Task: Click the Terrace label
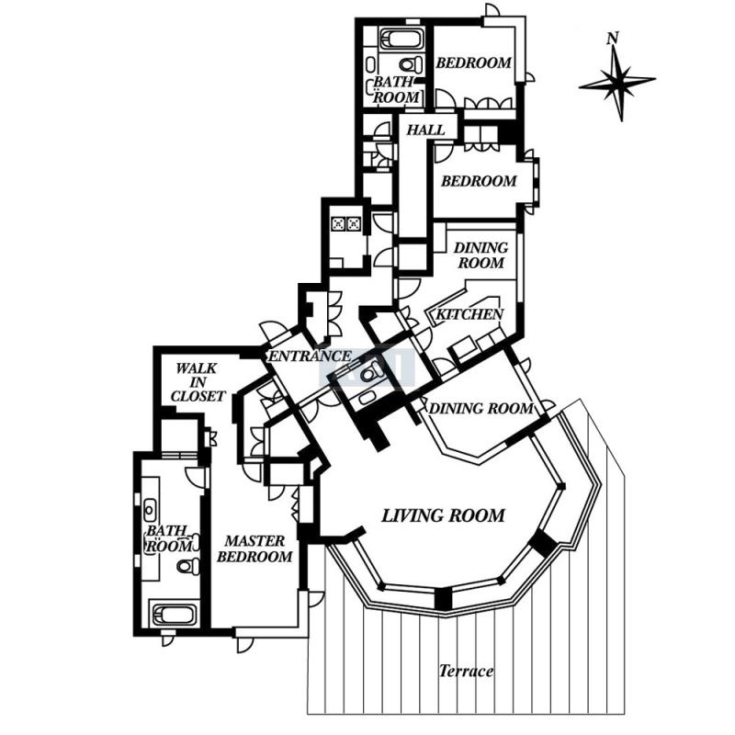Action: tap(467, 671)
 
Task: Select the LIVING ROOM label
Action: tap(443, 515)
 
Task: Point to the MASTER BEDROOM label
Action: tap(254, 548)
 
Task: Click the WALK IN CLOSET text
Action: tap(198, 382)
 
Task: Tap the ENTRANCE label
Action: tap(310, 356)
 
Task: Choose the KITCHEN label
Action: tap(469, 314)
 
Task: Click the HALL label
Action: tap(425, 130)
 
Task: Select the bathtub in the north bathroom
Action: tap(401, 40)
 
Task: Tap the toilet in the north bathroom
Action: tap(411, 63)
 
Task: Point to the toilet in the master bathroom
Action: tap(188, 566)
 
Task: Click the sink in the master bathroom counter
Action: tap(150, 510)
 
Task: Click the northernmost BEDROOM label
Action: tap(473, 62)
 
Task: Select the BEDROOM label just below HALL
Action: tap(479, 181)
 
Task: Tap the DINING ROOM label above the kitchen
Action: tap(481, 255)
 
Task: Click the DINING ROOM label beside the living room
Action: tap(481, 409)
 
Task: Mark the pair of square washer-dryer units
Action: tap(346, 223)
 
